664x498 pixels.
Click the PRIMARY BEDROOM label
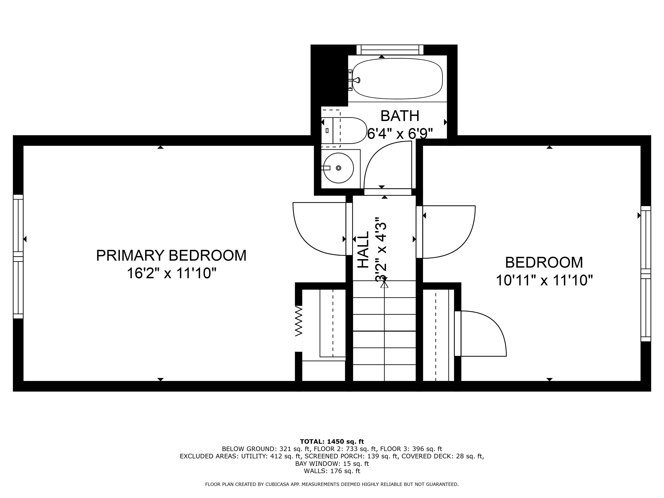(x=171, y=255)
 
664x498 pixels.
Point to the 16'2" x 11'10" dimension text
(x=172, y=273)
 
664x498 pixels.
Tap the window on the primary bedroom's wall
(x=18, y=257)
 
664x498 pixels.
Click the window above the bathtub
(x=390, y=49)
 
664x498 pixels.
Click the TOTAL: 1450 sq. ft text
(x=332, y=442)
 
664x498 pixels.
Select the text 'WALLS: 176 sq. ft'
(x=332, y=471)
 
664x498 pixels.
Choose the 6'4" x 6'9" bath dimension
(x=400, y=134)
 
